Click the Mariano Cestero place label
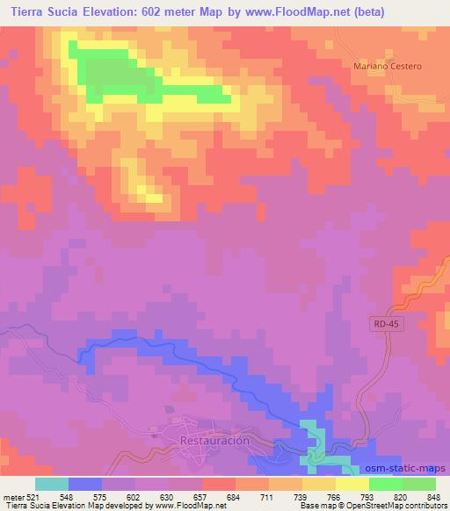pyautogui.click(x=388, y=66)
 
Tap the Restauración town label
pyautogui.click(x=214, y=440)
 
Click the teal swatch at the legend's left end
pyautogui.click(x=51, y=483)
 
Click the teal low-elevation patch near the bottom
pyautogui.click(x=312, y=443)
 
